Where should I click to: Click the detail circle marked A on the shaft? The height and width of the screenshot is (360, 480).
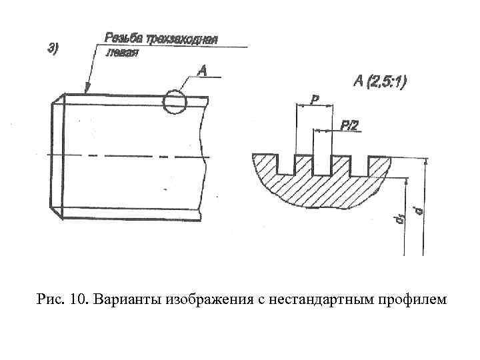click(x=175, y=101)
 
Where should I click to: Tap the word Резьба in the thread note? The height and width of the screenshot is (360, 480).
click(x=120, y=37)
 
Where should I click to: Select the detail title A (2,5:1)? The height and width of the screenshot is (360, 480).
click(x=379, y=81)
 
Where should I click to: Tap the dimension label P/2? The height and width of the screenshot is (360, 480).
click(x=350, y=124)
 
